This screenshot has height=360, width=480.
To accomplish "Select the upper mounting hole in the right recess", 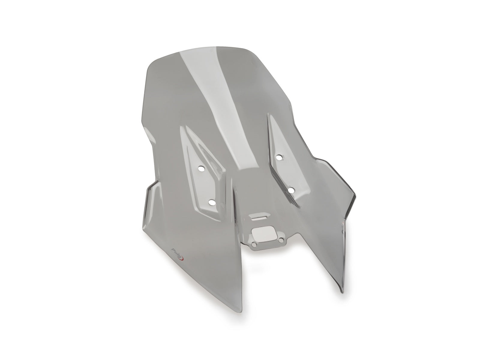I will tap(280, 157).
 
